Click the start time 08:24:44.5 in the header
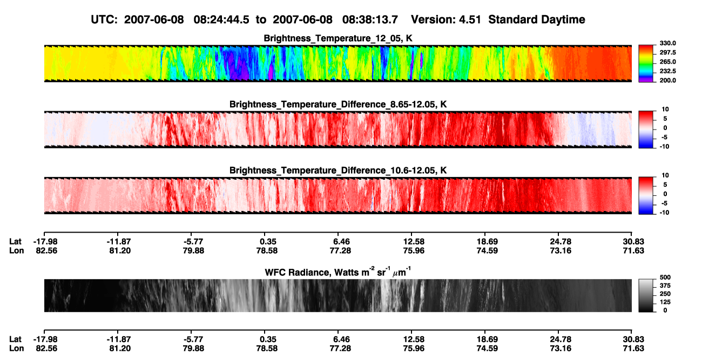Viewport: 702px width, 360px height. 221,19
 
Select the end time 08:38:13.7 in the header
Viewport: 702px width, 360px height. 370,19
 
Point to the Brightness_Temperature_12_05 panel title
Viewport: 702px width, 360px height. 338,38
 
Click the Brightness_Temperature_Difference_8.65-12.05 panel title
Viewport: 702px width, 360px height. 338,104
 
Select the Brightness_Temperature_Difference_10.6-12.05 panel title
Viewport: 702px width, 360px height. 338,171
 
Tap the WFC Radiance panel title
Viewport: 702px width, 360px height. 337,272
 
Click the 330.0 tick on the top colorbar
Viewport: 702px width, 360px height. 667,43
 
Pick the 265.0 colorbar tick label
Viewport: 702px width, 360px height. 667,62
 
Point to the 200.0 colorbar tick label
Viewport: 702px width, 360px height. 667,80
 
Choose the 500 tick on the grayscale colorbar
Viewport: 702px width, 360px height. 665,277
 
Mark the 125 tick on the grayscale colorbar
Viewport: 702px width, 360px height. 665,302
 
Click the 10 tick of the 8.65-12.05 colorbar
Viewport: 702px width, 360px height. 665,110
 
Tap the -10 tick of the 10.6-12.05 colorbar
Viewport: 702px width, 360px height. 664,213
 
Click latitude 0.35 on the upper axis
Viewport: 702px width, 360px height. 268,242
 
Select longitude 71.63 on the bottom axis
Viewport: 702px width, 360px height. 633,349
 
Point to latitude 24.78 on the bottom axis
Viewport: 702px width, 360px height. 561,339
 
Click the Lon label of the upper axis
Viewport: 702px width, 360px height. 16,250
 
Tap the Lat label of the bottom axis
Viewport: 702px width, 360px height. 15,339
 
